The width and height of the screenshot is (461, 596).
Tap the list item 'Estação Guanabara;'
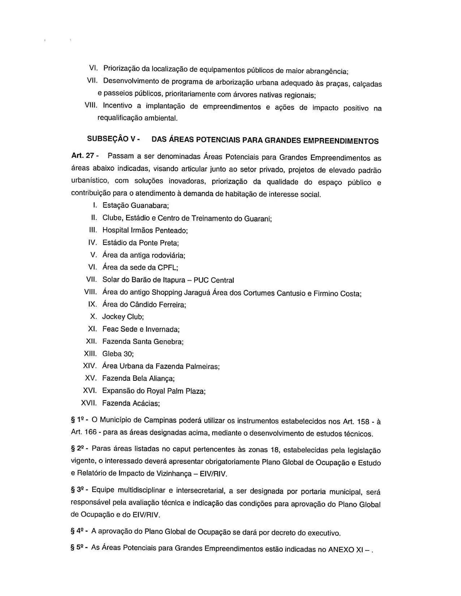(136, 205)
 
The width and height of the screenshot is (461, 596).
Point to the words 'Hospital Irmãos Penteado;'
(145, 230)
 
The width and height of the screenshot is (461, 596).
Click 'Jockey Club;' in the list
(123, 317)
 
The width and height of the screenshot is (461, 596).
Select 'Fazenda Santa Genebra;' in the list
(143, 341)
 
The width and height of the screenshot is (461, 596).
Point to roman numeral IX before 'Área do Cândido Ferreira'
(92, 304)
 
